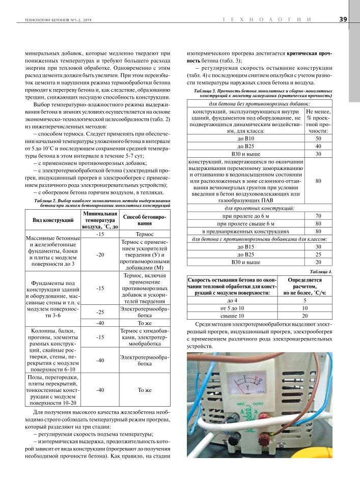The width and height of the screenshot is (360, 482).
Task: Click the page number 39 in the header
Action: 343,20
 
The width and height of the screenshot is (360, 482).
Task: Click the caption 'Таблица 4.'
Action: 320,272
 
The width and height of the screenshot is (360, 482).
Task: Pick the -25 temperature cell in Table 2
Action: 100,311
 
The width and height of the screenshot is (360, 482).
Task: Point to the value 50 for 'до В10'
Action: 318,138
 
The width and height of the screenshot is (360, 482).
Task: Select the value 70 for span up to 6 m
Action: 318,216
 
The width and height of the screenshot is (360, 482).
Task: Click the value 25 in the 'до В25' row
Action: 318,254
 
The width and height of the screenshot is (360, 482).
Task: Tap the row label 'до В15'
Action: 245,246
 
